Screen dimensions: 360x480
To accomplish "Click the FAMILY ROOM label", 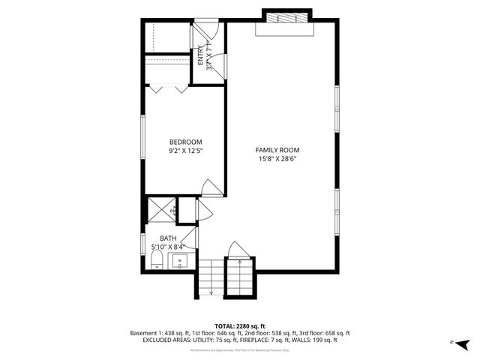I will (x=283, y=150).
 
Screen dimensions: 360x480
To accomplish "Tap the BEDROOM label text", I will (x=185, y=142).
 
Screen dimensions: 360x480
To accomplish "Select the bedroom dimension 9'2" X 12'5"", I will (x=185, y=151).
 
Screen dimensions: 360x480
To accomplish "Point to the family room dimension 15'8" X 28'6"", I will (x=283, y=159).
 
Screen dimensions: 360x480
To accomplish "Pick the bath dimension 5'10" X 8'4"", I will (x=167, y=246).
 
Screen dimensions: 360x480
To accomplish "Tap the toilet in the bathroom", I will (x=157, y=259).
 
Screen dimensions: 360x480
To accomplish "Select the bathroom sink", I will (x=180, y=262).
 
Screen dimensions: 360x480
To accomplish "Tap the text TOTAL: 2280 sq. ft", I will (x=240, y=325).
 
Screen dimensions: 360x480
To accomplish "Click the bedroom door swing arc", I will (x=212, y=188).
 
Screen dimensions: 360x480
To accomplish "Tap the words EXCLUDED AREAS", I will (x=169, y=340).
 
